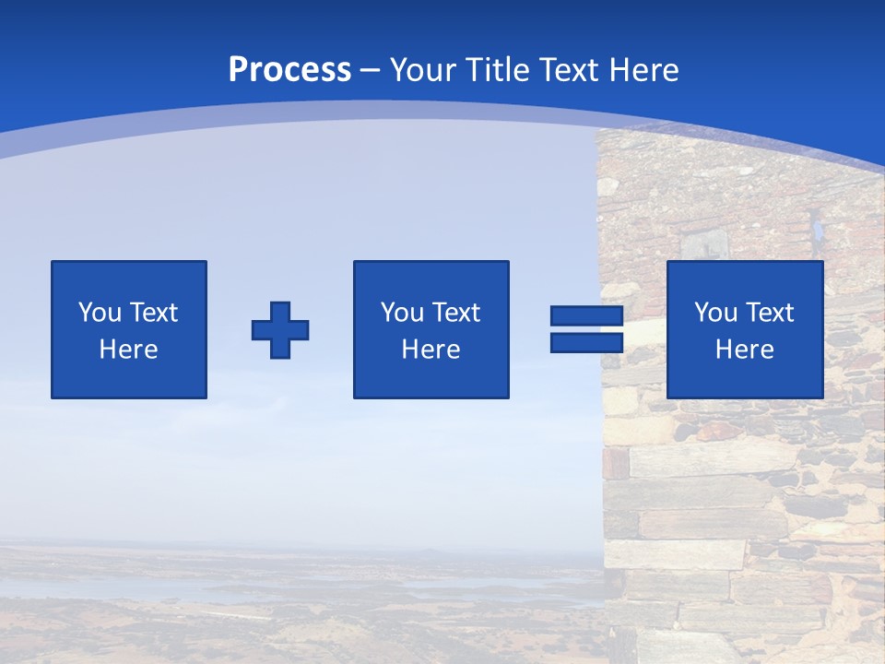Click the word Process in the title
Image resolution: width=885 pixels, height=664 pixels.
coord(289,70)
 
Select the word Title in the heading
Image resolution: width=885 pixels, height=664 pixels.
coord(499,70)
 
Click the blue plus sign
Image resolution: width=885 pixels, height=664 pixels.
coord(280,330)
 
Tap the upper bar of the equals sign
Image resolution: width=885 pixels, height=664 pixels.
coord(586,316)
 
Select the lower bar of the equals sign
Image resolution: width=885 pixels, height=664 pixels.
coord(586,343)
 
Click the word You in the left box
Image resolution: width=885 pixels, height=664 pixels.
coord(100,313)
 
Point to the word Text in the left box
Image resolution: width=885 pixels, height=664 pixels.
coord(153,313)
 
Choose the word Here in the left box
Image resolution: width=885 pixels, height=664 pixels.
coord(128,350)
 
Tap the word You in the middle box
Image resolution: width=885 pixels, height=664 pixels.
coord(403,313)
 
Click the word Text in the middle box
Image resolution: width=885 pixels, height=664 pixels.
coord(455,313)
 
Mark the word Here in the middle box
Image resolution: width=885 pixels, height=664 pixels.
coord(431,350)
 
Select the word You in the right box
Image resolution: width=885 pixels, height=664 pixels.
coord(716,313)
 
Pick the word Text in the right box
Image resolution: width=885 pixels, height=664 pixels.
coord(769,313)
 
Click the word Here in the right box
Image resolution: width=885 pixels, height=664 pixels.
coord(744,350)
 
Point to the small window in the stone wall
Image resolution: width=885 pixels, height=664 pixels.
coord(705,243)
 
